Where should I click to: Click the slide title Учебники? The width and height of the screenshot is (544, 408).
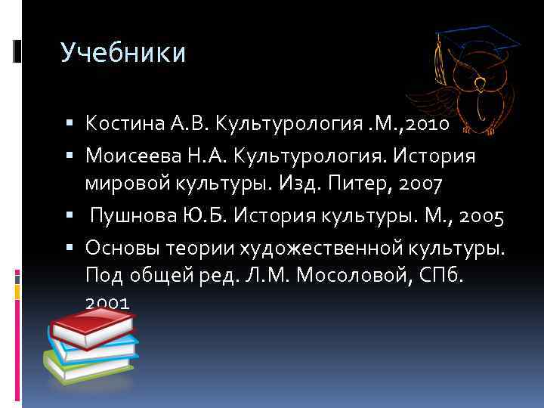[x=122, y=53]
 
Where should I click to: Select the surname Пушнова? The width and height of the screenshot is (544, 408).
[x=130, y=217]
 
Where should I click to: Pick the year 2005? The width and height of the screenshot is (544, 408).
[x=477, y=217]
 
